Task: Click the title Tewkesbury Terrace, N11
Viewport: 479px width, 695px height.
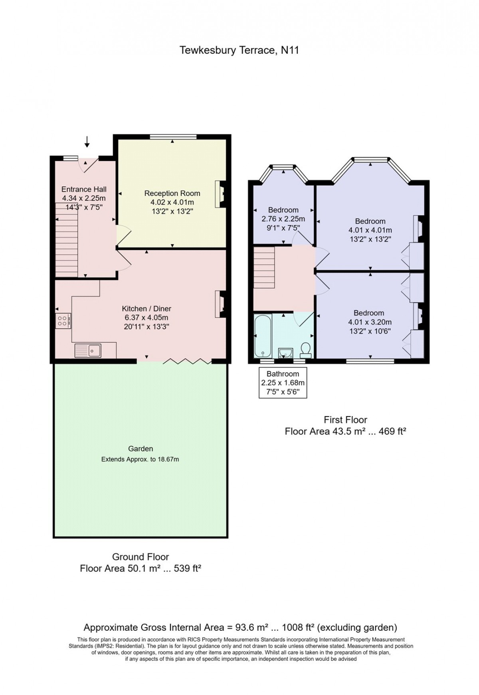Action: click(x=239, y=51)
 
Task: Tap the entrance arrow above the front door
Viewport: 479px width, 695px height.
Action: click(x=87, y=141)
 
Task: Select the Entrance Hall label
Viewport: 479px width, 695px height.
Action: click(x=84, y=190)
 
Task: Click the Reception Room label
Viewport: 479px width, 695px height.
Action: click(x=172, y=193)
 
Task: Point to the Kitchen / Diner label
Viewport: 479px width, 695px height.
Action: click(x=146, y=309)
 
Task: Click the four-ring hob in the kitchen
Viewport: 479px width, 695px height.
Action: click(x=63, y=321)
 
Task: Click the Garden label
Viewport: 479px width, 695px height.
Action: click(x=141, y=449)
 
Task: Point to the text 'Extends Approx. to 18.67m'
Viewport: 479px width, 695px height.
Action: click(x=140, y=459)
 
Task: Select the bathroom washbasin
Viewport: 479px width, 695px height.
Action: click(x=286, y=353)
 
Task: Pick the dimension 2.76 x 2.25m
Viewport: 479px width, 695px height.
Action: click(x=283, y=219)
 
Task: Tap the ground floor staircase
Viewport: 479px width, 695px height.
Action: click(x=66, y=239)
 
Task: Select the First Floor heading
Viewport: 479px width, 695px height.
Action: click(x=345, y=420)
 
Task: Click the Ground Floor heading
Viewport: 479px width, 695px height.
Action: click(x=141, y=557)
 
